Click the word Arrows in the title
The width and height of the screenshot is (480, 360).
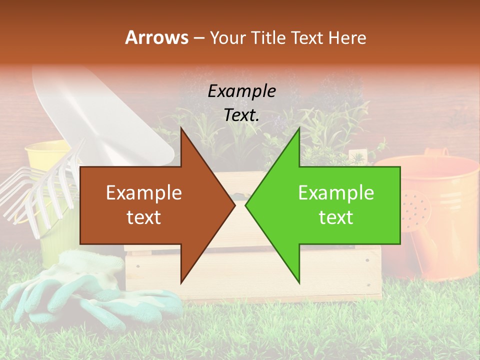tap(157, 37)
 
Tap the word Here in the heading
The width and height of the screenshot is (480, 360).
tap(346, 37)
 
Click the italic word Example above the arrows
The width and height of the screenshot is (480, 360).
tap(241, 91)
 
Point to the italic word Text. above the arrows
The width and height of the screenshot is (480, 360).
tap(241, 115)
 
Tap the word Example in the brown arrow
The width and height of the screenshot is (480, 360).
tap(144, 193)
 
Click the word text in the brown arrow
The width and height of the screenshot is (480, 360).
tap(144, 217)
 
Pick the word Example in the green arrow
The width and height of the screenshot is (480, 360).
tap(336, 193)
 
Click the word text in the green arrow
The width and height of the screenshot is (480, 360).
tap(336, 217)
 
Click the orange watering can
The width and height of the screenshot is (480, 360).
tap(440, 210)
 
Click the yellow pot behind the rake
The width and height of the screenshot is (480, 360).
tap(47, 155)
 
